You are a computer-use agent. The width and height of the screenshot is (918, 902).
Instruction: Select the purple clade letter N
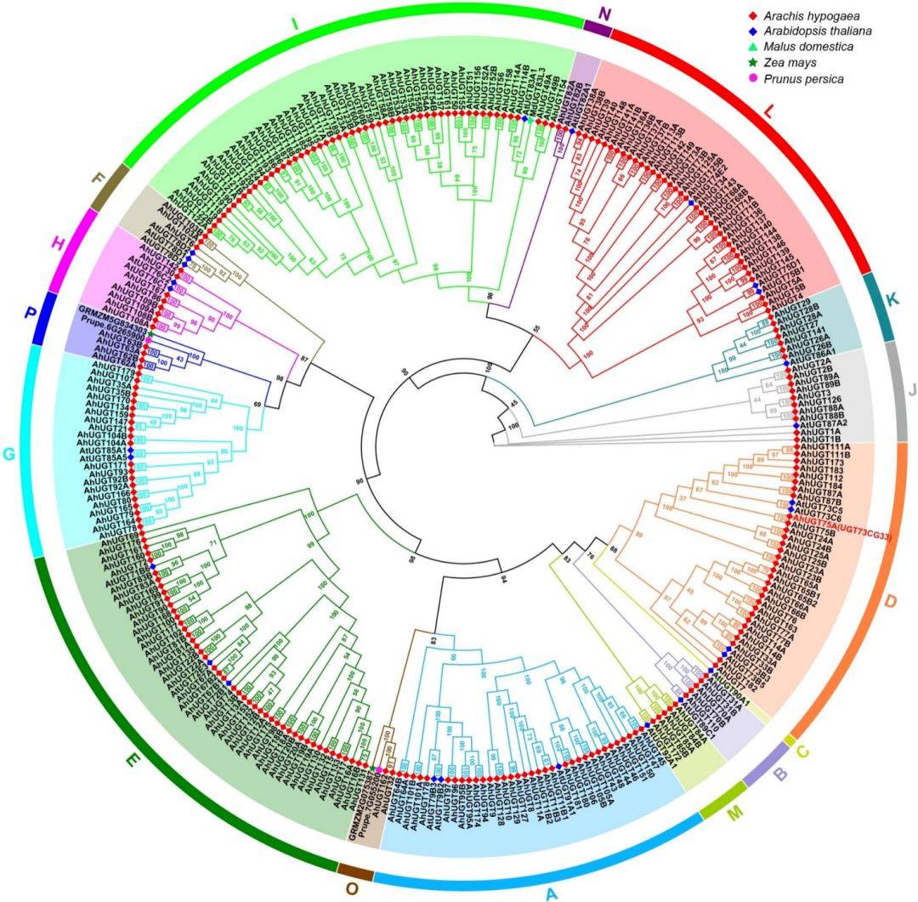coord(604,14)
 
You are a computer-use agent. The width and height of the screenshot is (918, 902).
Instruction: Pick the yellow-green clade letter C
coord(804,751)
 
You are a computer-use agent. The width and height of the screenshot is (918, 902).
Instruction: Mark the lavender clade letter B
coord(779,775)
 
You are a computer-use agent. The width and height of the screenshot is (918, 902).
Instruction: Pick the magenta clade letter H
coord(59,245)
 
